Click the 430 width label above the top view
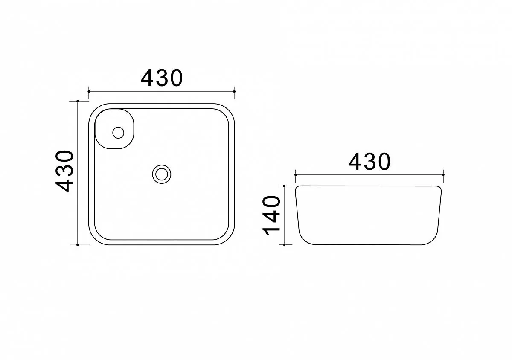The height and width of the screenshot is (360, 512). click(x=162, y=78)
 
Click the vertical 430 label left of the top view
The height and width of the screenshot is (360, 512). click(x=64, y=171)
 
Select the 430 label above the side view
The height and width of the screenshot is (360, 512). click(x=369, y=162)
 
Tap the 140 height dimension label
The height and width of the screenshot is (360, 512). click(x=271, y=215)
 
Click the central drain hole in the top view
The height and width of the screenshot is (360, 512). click(x=162, y=174)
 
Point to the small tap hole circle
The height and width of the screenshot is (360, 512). click(x=118, y=133)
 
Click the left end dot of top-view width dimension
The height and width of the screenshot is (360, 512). click(x=89, y=91)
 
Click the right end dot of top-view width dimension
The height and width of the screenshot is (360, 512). click(x=235, y=91)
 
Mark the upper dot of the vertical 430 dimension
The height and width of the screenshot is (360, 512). click(x=78, y=101)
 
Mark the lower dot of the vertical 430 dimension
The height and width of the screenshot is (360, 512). click(x=78, y=245)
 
